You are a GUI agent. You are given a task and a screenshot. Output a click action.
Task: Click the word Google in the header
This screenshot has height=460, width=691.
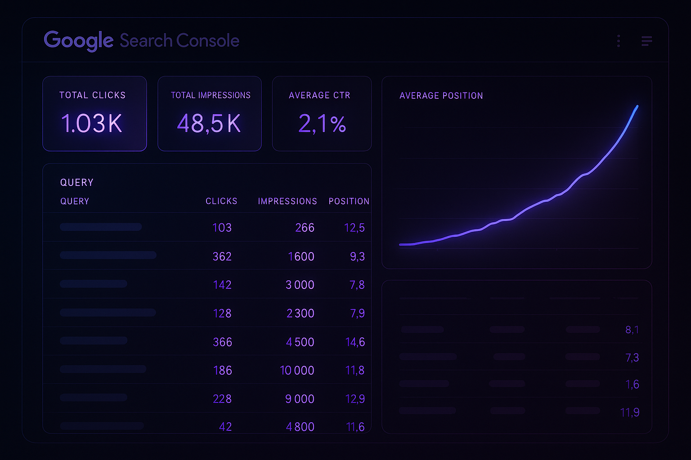[78, 41]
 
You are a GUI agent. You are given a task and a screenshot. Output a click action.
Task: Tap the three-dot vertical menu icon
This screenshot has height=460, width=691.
[619, 41]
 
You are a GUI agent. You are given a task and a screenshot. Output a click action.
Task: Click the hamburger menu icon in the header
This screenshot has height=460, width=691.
[646, 41]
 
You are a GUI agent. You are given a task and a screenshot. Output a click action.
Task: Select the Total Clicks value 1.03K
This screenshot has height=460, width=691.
[92, 124]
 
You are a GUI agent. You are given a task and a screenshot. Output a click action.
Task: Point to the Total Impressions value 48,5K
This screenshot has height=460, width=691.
[209, 124]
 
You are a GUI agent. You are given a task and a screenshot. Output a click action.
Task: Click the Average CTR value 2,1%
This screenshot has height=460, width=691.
[322, 124]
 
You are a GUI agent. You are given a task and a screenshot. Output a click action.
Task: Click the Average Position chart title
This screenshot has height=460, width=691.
[441, 96]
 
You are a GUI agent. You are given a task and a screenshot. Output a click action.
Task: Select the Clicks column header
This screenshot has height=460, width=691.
[221, 201]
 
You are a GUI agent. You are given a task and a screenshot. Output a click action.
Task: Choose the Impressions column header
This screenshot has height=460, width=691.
[287, 201]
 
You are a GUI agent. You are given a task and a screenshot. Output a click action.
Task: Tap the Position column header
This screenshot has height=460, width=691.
[349, 201]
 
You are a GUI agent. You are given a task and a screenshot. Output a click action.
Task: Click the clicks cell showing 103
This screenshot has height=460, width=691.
[222, 228]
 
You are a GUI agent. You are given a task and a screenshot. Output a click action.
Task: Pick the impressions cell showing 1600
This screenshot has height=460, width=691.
[301, 257]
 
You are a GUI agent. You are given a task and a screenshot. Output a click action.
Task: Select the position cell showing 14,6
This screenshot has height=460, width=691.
[355, 342]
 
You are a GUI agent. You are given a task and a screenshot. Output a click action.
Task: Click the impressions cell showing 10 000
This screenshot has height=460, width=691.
[297, 371]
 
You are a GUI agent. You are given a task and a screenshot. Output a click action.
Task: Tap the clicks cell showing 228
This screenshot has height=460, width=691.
[222, 399]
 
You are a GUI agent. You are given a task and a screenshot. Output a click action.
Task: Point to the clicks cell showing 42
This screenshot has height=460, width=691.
[225, 427]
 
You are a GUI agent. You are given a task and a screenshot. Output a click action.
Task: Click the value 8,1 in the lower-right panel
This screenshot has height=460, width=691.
[632, 330]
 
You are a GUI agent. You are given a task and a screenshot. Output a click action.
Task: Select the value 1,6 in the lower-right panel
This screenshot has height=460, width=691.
[632, 385]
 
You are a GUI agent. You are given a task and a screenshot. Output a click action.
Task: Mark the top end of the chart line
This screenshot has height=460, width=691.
[637, 106]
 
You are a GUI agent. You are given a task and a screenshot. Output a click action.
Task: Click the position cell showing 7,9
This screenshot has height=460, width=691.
[357, 314]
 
